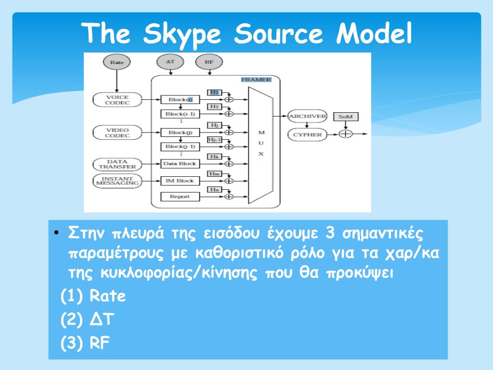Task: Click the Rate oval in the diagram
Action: coord(117,62)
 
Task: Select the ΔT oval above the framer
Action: coord(170,62)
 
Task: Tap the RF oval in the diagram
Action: coord(209,62)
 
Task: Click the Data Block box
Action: coord(180,164)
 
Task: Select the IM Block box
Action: coord(180,181)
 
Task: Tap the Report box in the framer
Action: coord(180,197)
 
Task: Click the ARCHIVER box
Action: coord(307,116)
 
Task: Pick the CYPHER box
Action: coord(307,134)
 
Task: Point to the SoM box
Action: coord(345,117)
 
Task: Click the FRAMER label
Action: coord(256,79)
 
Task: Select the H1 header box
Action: coord(214,92)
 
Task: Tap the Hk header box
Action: coord(214,157)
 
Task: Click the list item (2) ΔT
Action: coord(87,319)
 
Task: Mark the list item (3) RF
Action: coord(85,343)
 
